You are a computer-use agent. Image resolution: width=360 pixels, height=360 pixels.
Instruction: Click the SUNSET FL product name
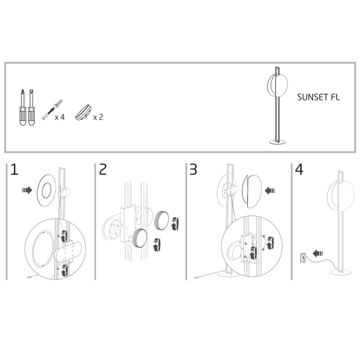[318, 97]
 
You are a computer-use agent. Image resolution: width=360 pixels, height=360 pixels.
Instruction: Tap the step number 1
[14, 170]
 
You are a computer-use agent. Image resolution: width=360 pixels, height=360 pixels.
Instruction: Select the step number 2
[103, 170]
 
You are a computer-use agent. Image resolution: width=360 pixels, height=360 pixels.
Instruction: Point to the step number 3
[193, 170]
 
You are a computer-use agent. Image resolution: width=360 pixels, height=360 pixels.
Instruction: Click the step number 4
[299, 170]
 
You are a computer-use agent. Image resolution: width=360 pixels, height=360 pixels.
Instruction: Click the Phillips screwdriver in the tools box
[23, 107]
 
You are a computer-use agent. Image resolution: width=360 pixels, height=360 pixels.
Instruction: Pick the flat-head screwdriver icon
[32, 107]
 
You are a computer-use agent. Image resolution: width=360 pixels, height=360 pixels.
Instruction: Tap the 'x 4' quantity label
[59, 118]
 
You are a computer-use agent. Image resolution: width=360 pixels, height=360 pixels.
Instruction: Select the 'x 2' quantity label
[98, 118]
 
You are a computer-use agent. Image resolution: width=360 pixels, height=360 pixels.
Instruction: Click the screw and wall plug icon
[52, 110]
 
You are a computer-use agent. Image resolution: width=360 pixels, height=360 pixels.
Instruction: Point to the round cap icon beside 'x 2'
[83, 113]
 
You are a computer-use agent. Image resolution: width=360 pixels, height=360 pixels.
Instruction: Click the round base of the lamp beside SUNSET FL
[278, 142]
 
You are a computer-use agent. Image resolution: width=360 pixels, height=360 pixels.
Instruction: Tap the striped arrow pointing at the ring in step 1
[27, 190]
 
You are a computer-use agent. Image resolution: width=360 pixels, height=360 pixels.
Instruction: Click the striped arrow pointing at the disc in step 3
[270, 190]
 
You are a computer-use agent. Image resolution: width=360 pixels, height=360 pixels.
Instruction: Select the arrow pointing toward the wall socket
[318, 253]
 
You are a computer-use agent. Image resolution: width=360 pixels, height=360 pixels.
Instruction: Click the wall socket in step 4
[304, 257]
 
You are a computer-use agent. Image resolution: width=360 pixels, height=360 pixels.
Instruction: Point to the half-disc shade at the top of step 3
[252, 191]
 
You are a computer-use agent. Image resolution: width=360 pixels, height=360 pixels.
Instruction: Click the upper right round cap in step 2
[162, 220]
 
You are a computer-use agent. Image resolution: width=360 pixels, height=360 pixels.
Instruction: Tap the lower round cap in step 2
[140, 238]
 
